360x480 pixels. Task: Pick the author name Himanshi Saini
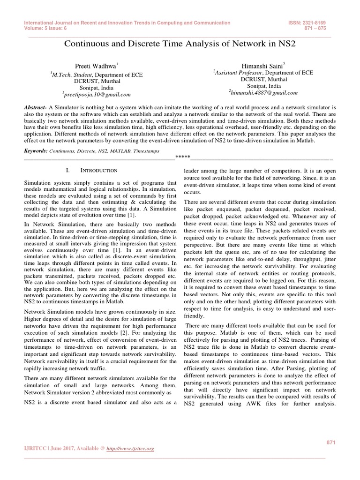coord(259,67)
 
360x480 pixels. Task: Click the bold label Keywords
coord(36,151)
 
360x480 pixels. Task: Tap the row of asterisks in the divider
coord(182,156)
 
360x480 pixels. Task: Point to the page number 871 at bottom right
coord(331,442)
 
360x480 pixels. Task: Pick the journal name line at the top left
coord(127,22)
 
